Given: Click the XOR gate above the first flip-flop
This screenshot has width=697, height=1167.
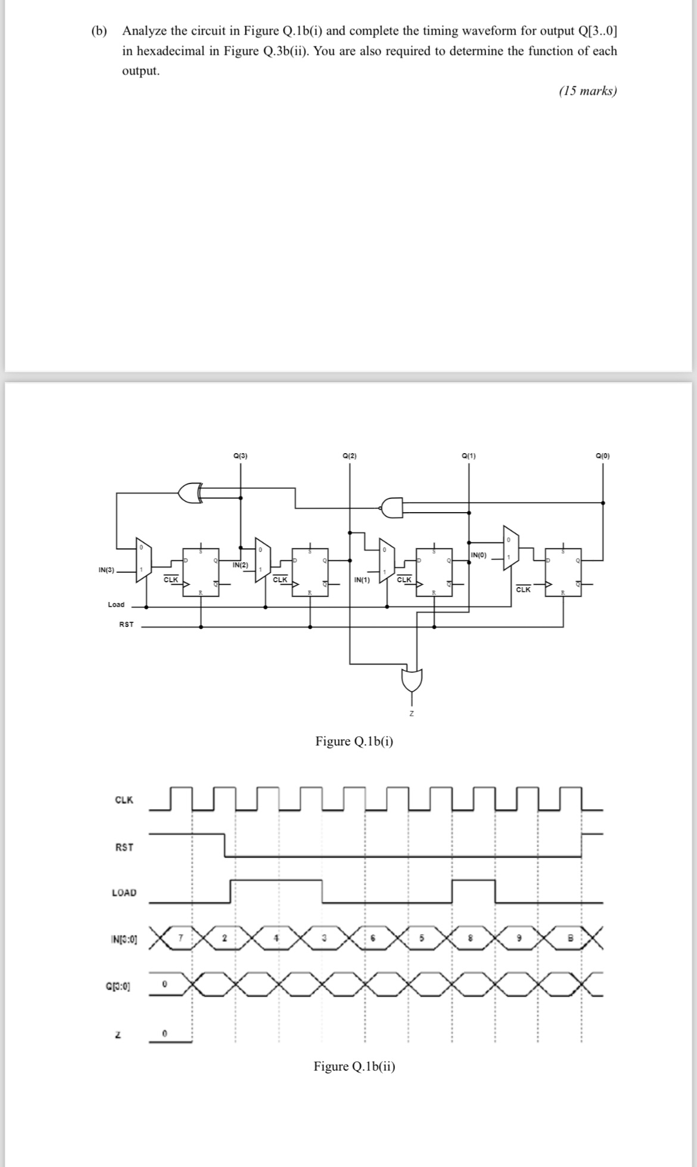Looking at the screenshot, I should pos(189,492).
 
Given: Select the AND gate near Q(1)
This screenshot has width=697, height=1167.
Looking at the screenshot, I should pos(391,507).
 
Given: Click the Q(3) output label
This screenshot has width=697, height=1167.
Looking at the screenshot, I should pos(241,456).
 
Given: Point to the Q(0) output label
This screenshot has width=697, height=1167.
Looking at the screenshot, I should pos(603,456).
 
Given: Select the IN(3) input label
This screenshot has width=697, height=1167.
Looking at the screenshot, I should pos(107,570).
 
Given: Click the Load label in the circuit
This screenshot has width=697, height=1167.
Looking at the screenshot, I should pos(116,604).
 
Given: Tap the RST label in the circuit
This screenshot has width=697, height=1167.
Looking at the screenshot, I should pos(126,625).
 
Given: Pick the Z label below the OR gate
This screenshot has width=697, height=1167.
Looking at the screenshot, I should pos(411,713).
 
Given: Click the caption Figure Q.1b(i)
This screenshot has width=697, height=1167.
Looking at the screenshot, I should pos(354,741).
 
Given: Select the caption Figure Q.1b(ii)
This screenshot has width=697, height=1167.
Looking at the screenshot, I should pos(354,1066).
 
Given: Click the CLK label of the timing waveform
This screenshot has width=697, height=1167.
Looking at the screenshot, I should pos(124,800).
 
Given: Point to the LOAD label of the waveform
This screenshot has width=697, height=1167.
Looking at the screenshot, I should pos(124,893).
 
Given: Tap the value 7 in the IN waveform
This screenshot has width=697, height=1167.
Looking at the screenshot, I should pos(182,938).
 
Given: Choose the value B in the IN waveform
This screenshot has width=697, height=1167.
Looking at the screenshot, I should pos(570,939).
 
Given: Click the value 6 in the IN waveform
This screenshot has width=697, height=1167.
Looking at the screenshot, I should pos(372,939).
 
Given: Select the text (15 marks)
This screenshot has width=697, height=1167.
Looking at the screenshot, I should pos(588,91).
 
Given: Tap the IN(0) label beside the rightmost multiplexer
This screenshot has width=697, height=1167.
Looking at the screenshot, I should pos(478,556).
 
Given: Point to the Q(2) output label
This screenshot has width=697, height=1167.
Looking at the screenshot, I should pos(350,456).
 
